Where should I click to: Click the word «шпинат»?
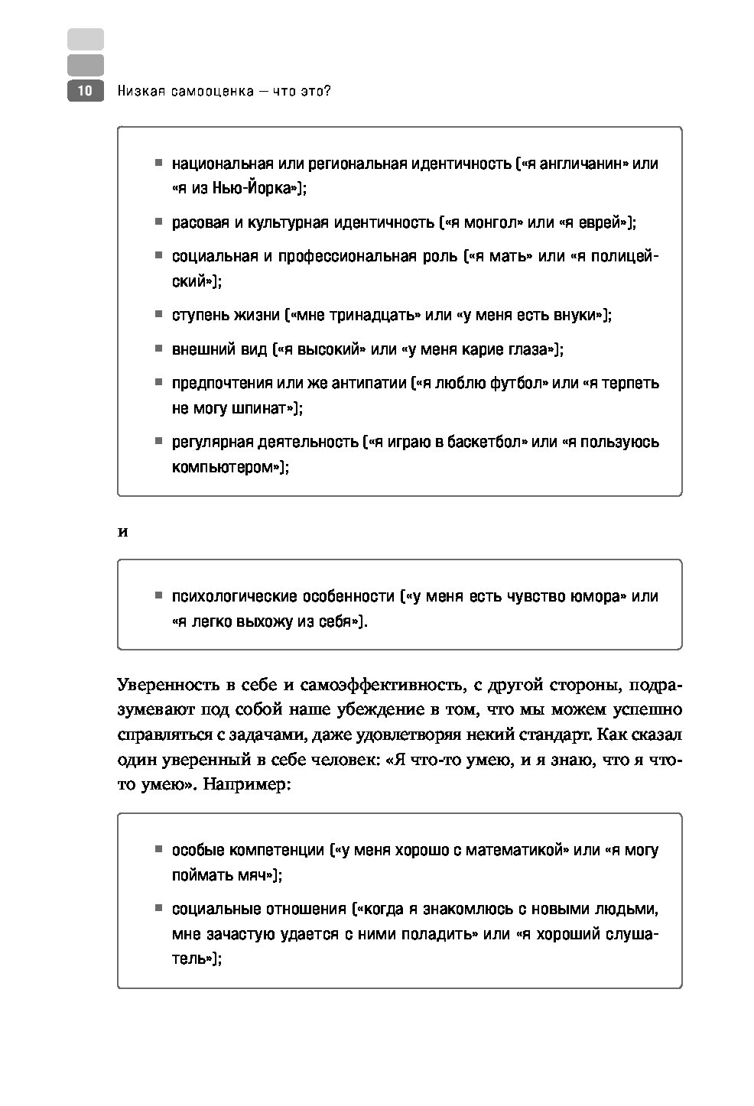pos(260,408)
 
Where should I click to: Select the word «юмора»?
pos(590,597)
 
